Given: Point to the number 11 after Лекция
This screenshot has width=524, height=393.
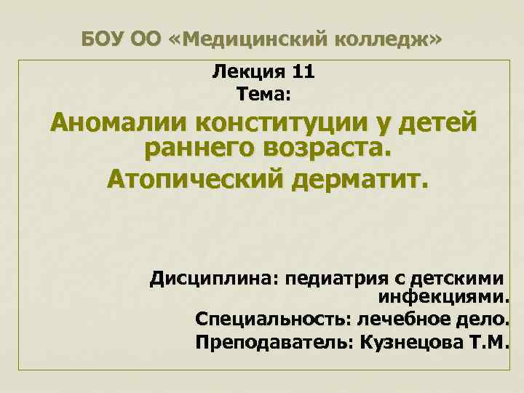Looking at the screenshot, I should (x=302, y=73).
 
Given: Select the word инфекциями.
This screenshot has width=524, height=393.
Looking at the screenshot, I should (x=444, y=298).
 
